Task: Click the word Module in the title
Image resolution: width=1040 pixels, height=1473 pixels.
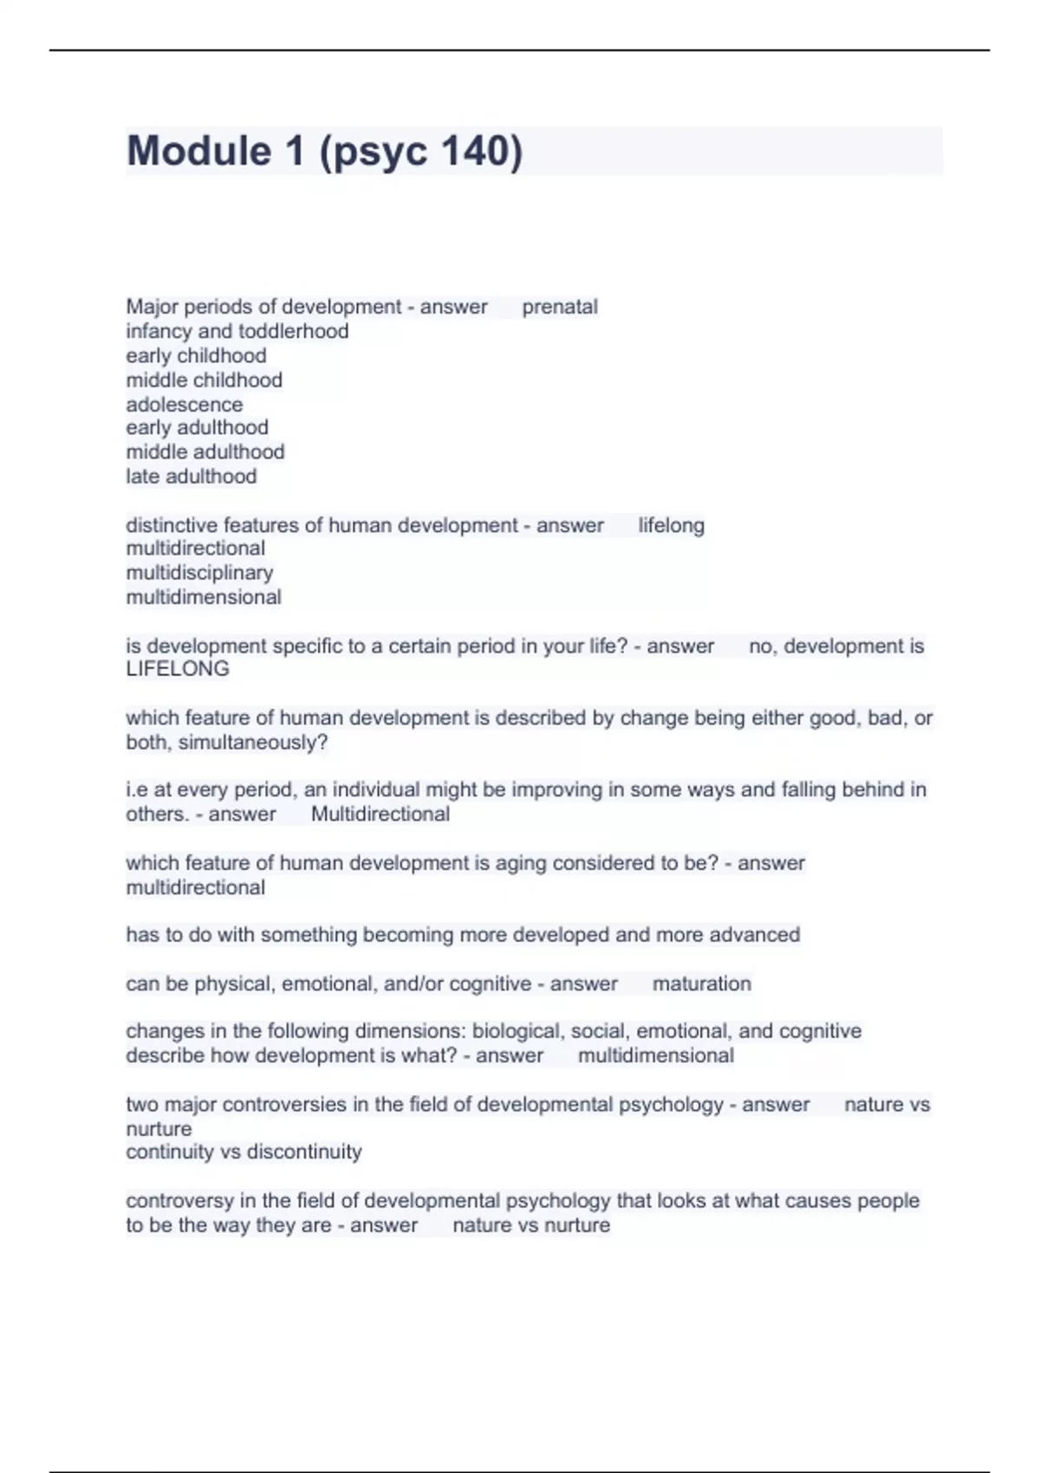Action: coord(199,151)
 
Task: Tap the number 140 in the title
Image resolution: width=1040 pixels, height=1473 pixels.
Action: coord(476,151)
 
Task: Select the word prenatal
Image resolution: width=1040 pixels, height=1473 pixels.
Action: coord(560,307)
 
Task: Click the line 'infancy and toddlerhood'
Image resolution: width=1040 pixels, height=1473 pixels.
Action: coord(237,331)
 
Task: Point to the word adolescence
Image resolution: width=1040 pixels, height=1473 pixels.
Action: coord(185,405)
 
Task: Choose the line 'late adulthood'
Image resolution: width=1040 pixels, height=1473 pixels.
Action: coord(192,476)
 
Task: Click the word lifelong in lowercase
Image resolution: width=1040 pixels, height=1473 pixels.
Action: coord(671,525)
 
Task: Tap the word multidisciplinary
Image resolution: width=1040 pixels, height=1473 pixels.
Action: coord(199,573)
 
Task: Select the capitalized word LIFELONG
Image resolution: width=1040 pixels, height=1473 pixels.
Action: coord(178,669)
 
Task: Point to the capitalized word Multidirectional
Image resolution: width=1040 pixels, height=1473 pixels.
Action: coord(380,814)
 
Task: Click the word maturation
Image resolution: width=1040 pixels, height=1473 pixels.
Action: coord(701,983)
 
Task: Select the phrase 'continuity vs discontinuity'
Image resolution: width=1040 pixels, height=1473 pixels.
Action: coord(244,1152)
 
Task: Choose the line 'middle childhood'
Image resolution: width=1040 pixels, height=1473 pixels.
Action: coord(204,380)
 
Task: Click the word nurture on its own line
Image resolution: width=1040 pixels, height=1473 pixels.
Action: coord(159,1129)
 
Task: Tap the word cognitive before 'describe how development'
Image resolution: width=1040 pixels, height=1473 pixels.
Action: coord(820,1031)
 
